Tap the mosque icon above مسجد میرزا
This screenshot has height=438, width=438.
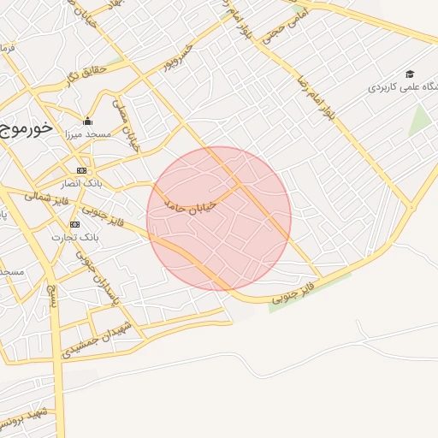point(87,121)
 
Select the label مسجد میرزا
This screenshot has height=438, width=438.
point(86,135)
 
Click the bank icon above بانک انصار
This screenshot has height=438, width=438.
point(81,170)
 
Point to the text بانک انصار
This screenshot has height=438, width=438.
point(81,183)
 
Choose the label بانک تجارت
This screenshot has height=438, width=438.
point(75,235)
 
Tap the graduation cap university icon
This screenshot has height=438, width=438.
point(410,74)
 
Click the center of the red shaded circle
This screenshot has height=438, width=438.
point(219,218)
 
